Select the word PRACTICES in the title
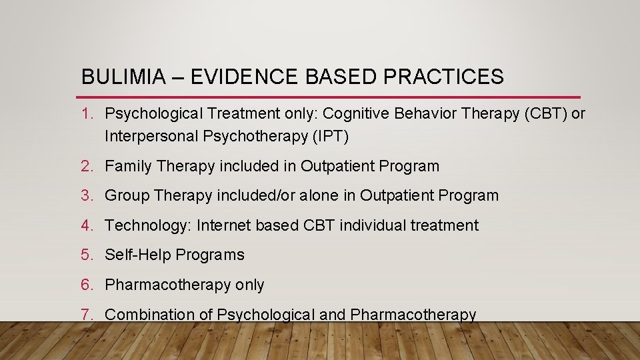[x=443, y=77]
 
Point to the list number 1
[x=87, y=113]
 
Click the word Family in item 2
[x=129, y=166]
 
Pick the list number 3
[x=87, y=195]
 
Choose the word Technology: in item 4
[x=148, y=225]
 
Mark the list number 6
[x=87, y=285]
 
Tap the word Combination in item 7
[x=149, y=314]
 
